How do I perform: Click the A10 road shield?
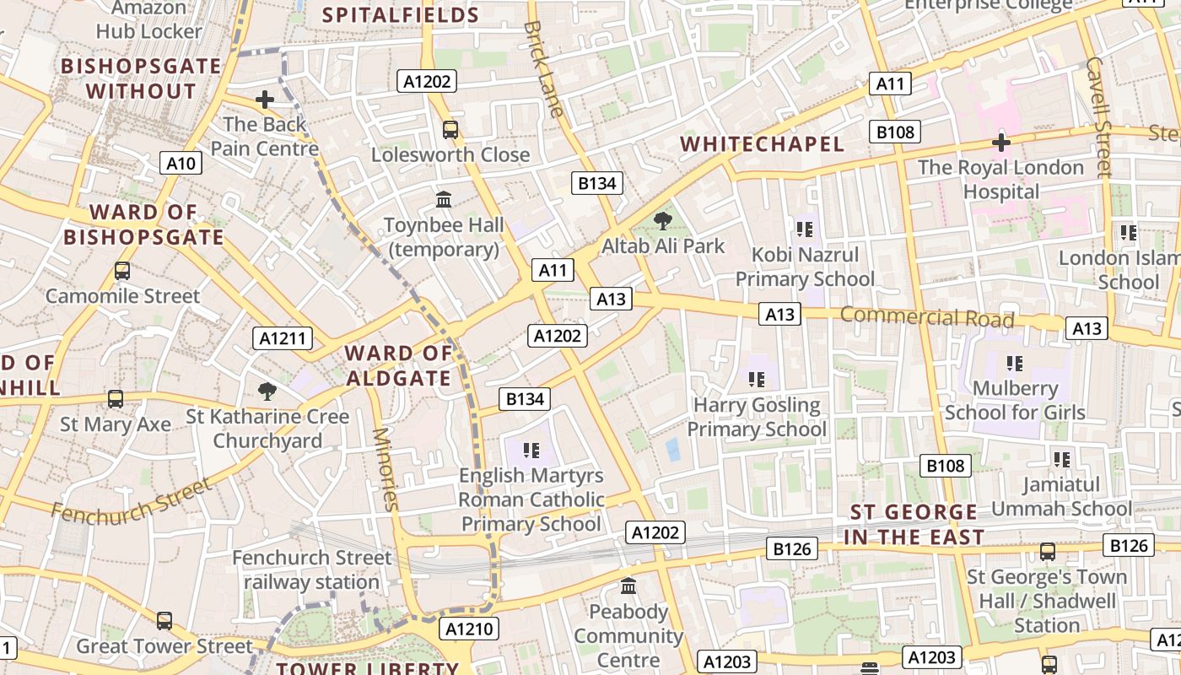coord(181,163)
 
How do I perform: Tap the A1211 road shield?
coord(283,339)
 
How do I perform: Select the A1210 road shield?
coord(469,629)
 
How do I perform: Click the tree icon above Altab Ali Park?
coord(663,221)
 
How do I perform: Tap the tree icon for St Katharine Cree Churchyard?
coord(267,391)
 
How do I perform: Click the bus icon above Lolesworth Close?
coord(450,130)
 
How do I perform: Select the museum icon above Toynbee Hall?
coord(444,200)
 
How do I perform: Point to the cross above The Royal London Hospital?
coord(1001,143)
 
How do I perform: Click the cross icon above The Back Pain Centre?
coord(265,100)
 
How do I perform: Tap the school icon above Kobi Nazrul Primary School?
coord(805,229)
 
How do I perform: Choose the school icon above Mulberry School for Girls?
coord(1015,364)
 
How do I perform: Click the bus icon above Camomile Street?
coord(122,271)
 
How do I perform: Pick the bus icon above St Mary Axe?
coord(116,398)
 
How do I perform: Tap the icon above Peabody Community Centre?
coord(628,586)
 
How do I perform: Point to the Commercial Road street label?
coord(927,317)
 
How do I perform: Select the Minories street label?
coord(384,469)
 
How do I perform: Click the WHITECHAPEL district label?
coord(763,144)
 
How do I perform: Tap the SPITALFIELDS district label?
coord(402,14)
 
